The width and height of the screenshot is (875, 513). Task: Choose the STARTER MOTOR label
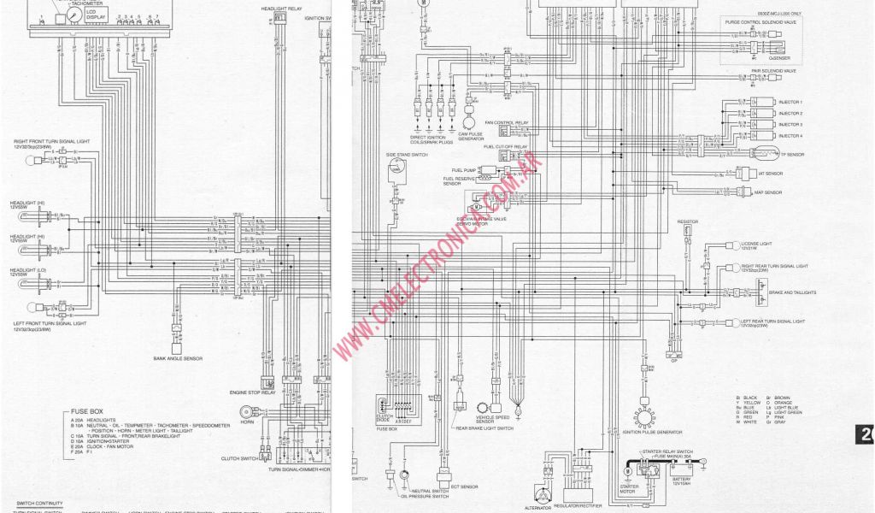click(628, 491)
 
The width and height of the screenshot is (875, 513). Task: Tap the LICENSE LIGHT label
click(756, 244)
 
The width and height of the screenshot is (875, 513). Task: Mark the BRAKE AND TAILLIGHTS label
click(792, 292)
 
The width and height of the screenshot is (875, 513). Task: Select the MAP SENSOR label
click(769, 192)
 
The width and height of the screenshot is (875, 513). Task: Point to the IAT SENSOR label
click(770, 174)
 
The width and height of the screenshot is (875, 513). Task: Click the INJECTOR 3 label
click(790, 125)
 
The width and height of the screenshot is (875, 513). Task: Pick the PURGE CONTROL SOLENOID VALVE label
click(760, 22)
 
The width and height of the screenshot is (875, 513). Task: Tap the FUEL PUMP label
click(462, 170)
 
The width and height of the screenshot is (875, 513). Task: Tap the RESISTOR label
click(688, 221)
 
